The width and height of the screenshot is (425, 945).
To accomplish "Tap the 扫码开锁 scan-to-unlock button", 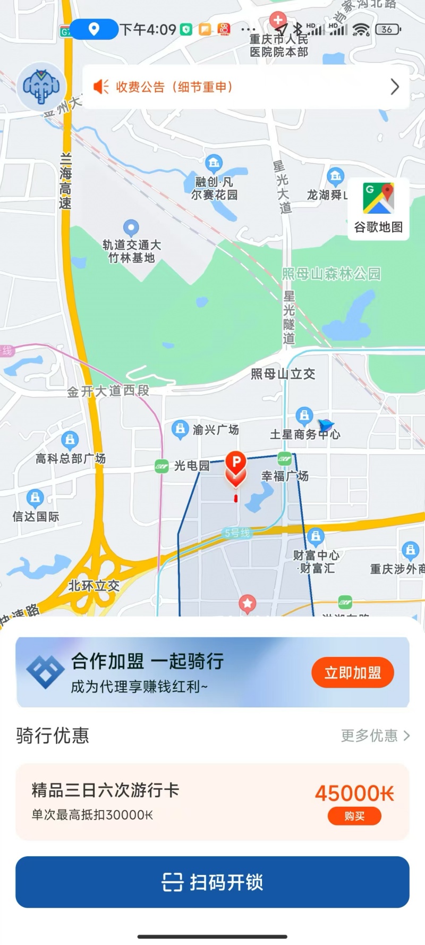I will [x=212, y=882].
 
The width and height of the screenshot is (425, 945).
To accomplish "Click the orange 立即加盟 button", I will [x=353, y=673].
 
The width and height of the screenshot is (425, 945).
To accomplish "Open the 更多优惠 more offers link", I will [x=375, y=736].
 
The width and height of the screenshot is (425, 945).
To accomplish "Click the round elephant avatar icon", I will [x=41, y=87].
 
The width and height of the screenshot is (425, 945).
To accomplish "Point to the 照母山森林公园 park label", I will [x=331, y=274].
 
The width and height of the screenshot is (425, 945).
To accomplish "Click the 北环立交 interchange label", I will [x=94, y=586].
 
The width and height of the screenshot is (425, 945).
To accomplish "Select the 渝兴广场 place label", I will [x=215, y=429].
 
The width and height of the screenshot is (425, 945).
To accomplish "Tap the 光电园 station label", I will [x=191, y=466].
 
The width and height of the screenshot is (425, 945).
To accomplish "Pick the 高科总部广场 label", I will [x=71, y=459].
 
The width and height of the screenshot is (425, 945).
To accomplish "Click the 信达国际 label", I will [x=36, y=516].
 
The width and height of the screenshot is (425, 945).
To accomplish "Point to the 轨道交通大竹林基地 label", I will [x=132, y=251].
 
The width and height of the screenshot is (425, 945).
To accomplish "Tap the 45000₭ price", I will [x=354, y=794].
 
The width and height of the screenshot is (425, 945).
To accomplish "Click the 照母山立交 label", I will [x=283, y=374].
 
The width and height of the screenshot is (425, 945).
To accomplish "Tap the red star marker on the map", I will [x=247, y=603].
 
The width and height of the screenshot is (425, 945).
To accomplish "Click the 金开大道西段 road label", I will [x=108, y=391].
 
